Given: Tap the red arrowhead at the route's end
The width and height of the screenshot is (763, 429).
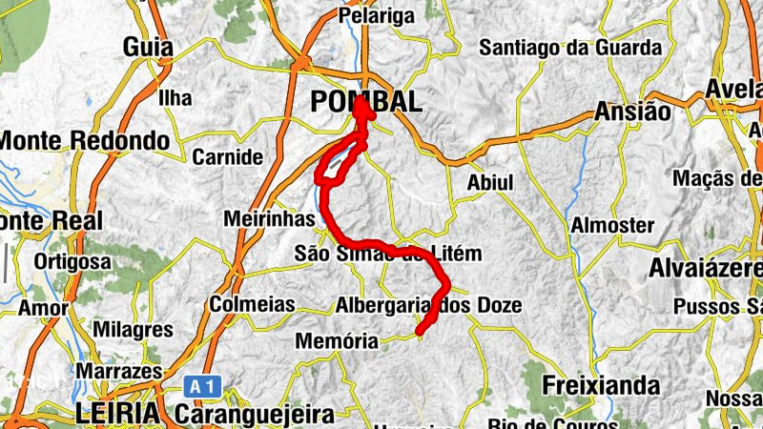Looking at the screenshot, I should pyautogui.click(x=363, y=107).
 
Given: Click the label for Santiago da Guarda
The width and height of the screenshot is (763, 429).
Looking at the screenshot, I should pyautogui.click(x=569, y=47).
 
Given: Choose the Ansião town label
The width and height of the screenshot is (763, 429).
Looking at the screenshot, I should pyautogui.click(x=632, y=111).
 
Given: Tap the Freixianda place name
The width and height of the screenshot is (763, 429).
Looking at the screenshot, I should pyautogui.click(x=600, y=385).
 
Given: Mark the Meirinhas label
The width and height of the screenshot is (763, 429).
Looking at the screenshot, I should pyautogui.click(x=269, y=219).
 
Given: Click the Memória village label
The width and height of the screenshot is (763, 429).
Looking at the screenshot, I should pyautogui.click(x=338, y=340).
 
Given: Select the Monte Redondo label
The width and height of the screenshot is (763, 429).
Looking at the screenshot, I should pyautogui.click(x=85, y=141).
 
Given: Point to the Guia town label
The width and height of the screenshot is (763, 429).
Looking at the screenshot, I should pyautogui.click(x=148, y=47).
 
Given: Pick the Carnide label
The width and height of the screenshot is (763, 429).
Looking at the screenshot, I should pyautogui.click(x=227, y=157).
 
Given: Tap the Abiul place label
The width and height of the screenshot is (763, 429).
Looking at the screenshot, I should pyautogui.click(x=490, y=182).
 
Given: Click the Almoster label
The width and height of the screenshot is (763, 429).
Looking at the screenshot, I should pyautogui.click(x=612, y=226).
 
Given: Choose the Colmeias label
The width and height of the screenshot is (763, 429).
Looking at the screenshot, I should pyautogui.click(x=247, y=306).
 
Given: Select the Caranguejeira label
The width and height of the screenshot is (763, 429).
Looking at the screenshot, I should pyautogui.click(x=255, y=415).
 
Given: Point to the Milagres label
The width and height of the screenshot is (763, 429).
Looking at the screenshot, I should pyautogui.click(x=134, y=330).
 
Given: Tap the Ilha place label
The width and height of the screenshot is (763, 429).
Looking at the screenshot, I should pyautogui.click(x=175, y=98).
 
